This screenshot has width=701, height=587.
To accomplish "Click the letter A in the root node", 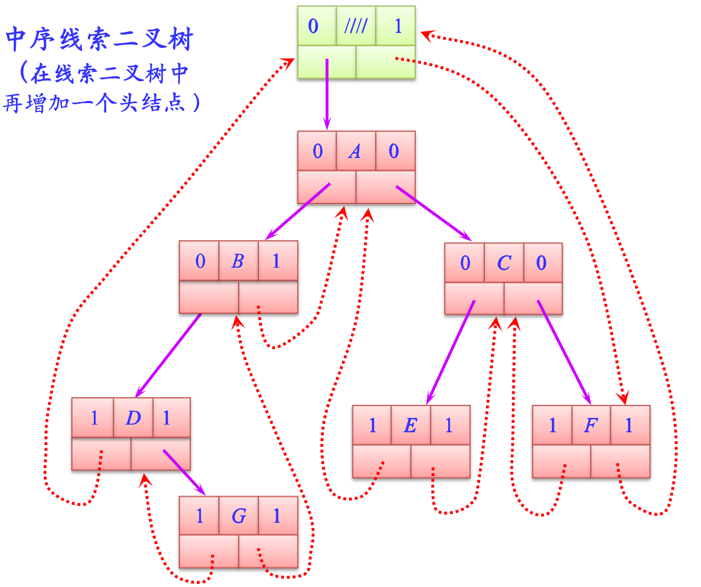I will (x=355, y=151).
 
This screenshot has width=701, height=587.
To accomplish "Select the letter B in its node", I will (x=238, y=261).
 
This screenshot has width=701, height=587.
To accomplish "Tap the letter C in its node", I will (x=504, y=263).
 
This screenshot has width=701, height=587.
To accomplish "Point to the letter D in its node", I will (x=133, y=418).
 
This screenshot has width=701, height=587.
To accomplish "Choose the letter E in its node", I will (x=410, y=425).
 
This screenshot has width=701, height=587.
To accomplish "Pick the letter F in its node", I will (x=590, y=425).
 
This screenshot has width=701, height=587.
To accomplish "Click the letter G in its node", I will (x=239, y=516).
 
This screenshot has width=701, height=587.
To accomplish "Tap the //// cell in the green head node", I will (x=355, y=26).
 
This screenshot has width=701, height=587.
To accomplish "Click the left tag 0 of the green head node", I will (x=314, y=26).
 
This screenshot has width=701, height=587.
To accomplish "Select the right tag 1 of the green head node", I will (x=398, y=26).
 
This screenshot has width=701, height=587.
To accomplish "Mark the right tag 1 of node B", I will (x=276, y=261).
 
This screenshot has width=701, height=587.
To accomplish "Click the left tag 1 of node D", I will (x=94, y=418).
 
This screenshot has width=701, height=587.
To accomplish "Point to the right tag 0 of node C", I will (x=541, y=263).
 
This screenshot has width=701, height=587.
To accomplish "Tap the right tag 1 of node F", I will (x=629, y=425).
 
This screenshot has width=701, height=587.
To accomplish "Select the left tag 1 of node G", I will (x=200, y=516).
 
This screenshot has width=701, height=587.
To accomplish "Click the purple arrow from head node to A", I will (x=327, y=93).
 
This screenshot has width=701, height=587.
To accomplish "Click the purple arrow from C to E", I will (x=451, y=351).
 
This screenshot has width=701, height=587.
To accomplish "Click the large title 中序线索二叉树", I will (x=99, y=40).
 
